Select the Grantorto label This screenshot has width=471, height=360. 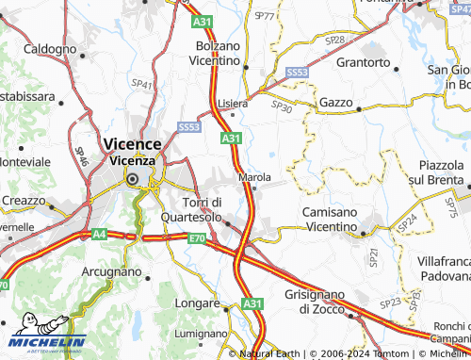[363, 62]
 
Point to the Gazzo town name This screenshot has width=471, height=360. [335, 102]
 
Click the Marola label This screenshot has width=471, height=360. [255, 176]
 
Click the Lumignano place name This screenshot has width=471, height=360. [201, 334]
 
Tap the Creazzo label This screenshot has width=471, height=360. [23, 201]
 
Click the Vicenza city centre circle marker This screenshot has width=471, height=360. [133, 179]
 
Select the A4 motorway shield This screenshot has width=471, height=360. [99, 234]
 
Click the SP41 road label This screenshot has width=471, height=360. [142, 85]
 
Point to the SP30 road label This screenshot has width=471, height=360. [282, 108]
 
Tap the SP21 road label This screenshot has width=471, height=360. [373, 254]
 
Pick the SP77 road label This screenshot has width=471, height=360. [265, 17]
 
